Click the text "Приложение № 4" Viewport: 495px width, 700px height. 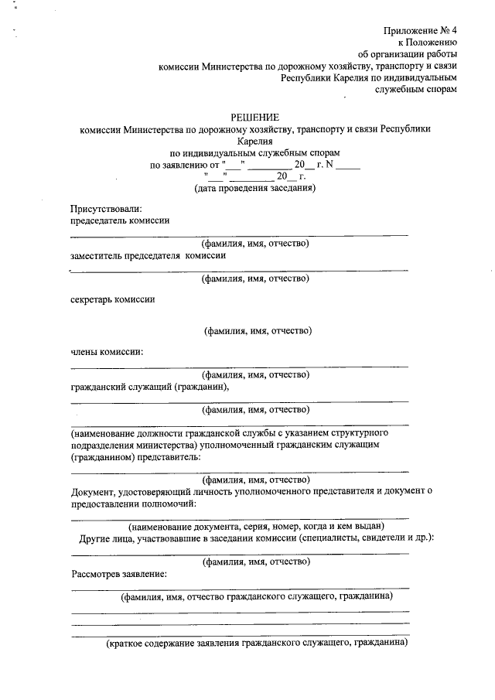point(421,30)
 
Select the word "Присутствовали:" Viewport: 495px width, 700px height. point(106,207)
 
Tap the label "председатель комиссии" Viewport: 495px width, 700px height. point(119,220)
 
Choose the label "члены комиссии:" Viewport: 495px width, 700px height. point(107,352)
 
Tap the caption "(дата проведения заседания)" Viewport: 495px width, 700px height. point(254,188)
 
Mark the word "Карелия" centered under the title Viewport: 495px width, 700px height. point(256,141)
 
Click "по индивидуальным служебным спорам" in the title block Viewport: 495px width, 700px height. point(255,153)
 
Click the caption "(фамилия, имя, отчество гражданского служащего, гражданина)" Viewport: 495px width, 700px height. point(256,597)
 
